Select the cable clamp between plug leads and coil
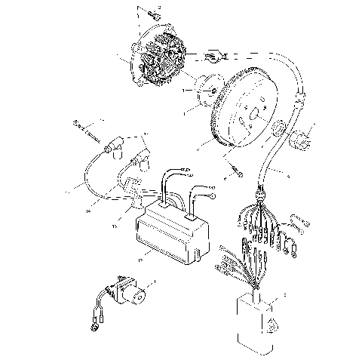(136, 198)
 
